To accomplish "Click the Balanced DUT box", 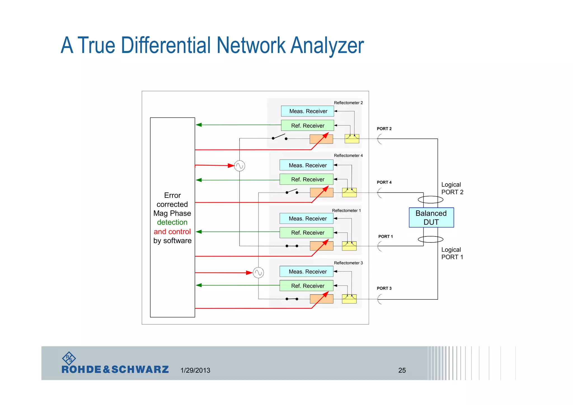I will coord(431,217).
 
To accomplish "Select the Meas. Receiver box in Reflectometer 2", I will coord(307,111).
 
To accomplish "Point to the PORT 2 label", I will coord(384,129).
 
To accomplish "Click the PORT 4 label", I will coord(384,182).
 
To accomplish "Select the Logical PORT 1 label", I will coord(452,253).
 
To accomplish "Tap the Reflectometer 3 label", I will coord(348,263).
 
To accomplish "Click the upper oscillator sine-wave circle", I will coord(239,166).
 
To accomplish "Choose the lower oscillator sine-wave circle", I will coord(258,273).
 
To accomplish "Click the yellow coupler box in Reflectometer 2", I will coord(352,139).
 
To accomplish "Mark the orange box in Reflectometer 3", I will coord(321,299).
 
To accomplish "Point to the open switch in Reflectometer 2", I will coord(279,137).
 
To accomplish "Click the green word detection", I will coord(172,222).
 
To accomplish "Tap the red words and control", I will coord(172,231).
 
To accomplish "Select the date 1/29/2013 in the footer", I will coord(195,370).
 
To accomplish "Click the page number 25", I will coord(402,370).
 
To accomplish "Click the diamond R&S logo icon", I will coord(69,358).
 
